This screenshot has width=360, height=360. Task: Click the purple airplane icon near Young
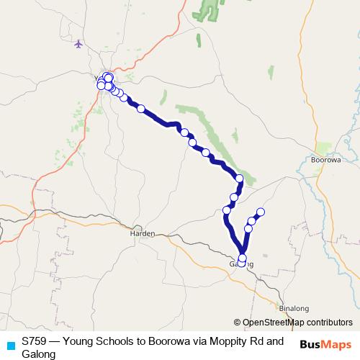click(x=78, y=44)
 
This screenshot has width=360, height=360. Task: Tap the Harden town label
click(x=143, y=234)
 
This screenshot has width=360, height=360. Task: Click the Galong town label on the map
click(x=241, y=264)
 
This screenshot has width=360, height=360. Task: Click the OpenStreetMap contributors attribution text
click(x=297, y=322)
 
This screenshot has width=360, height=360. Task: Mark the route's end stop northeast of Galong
click(x=261, y=212)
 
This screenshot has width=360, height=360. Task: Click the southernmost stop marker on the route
click(x=241, y=263)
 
